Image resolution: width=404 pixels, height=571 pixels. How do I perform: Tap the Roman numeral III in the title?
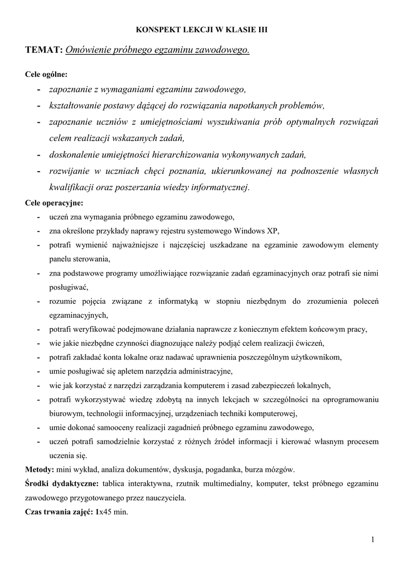[x=261, y=30]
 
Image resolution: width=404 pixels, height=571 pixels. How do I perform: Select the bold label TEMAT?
[x=43, y=51]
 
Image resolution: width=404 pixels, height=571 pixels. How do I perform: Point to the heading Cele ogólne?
[x=46, y=74]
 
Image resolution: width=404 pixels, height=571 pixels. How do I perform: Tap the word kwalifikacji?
[x=71, y=187]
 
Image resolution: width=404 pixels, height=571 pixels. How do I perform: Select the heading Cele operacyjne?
[x=54, y=202]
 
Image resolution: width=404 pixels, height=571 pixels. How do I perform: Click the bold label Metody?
[x=40, y=470]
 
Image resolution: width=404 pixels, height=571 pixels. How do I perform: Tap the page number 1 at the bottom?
[x=372, y=539]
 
